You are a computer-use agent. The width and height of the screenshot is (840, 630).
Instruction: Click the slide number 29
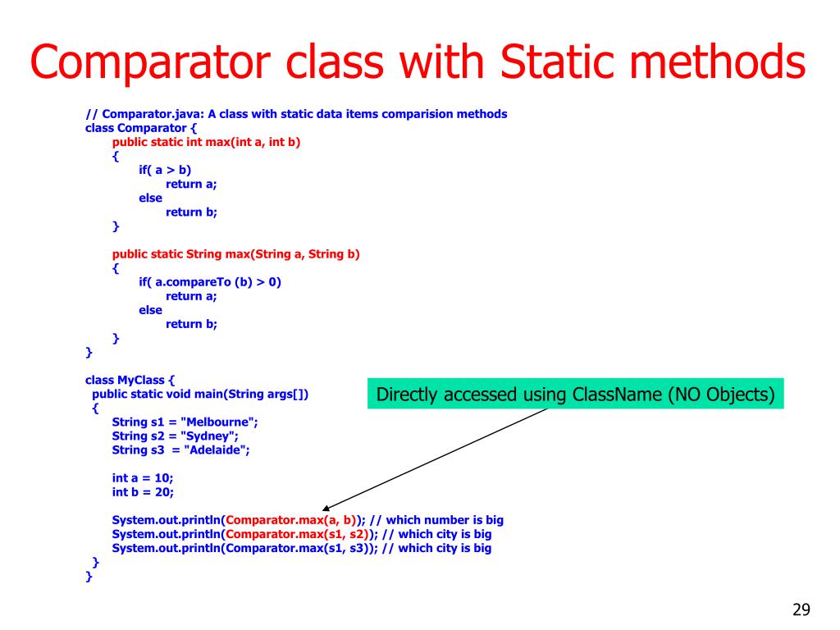[801, 609]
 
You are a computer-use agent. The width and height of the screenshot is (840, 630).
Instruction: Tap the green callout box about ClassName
[574, 395]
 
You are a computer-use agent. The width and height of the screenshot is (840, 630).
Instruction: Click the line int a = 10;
[143, 478]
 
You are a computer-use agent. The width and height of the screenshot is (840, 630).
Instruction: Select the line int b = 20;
[143, 492]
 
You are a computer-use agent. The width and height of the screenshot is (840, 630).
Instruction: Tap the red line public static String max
[236, 254]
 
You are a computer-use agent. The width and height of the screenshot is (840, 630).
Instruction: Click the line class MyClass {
[130, 380]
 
